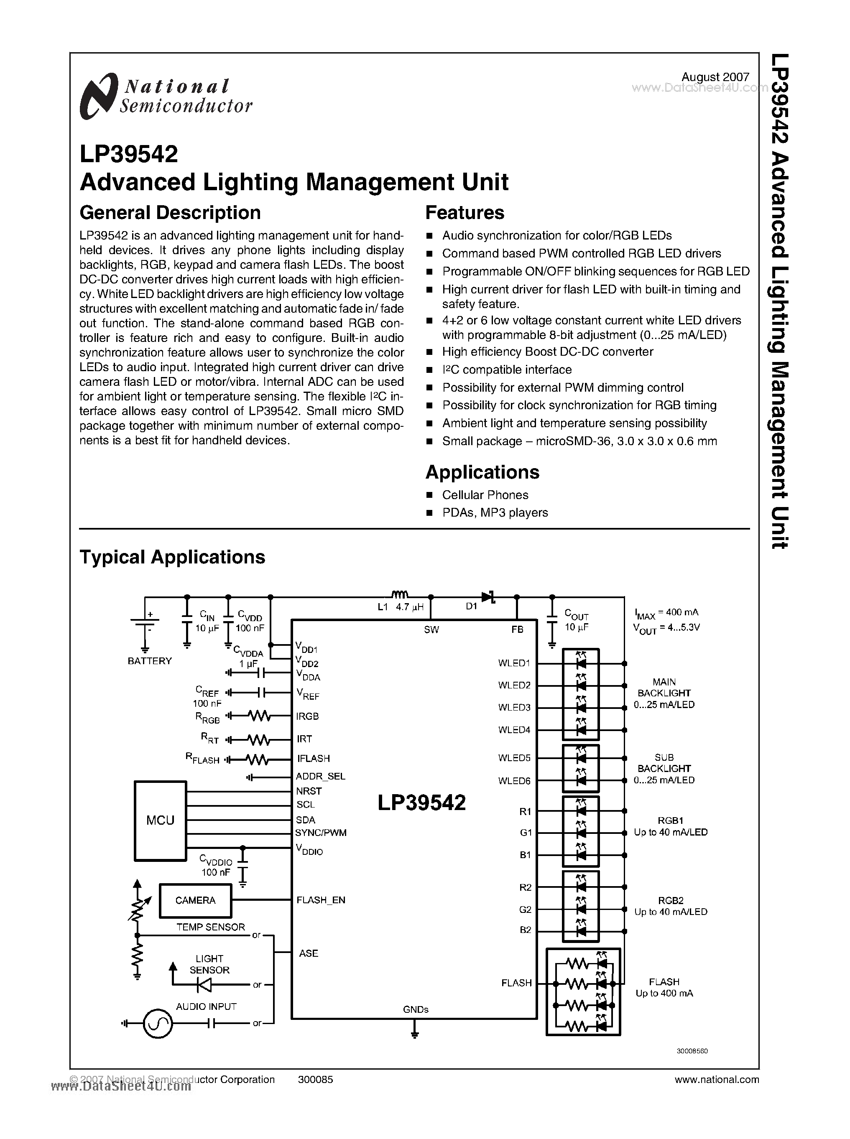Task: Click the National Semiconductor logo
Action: click(165, 96)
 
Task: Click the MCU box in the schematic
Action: click(160, 820)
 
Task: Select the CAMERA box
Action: click(195, 900)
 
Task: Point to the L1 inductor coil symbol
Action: click(399, 595)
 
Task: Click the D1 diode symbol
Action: click(488, 597)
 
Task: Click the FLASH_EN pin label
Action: click(321, 900)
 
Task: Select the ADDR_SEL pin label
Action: click(320, 776)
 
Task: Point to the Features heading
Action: click(465, 212)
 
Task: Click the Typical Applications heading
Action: click(172, 557)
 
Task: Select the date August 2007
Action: click(715, 76)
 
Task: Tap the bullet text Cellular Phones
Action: click(485, 494)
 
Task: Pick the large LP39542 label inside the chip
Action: click(421, 803)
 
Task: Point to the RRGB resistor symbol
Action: click(258, 716)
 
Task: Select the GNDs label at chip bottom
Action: click(416, 1009)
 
